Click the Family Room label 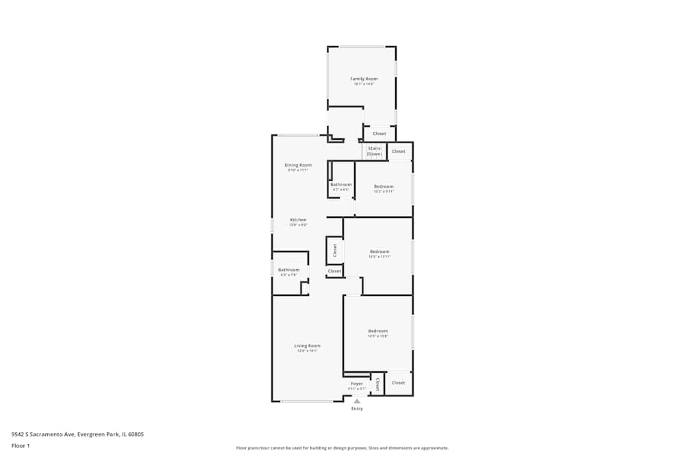click(364, 79)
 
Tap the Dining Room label click(298, 165)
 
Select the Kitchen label click(298, 220)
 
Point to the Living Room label click(308, 346)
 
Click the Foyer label click(357, 384)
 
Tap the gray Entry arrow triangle click(357, 401)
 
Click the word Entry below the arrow click(357, 409)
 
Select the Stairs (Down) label click(374, 151)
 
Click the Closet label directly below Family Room click(379, 134)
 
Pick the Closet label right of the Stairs click(399, 151)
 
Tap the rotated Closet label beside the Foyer click(377, 384)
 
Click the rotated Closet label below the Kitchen click(335, 250)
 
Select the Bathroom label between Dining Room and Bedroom click(341, 185)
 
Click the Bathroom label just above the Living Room click(289, 270)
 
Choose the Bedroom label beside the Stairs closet click(384, 186)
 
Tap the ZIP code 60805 click(136, 434)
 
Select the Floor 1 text click(21, 446)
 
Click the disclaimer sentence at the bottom click(342, 448)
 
